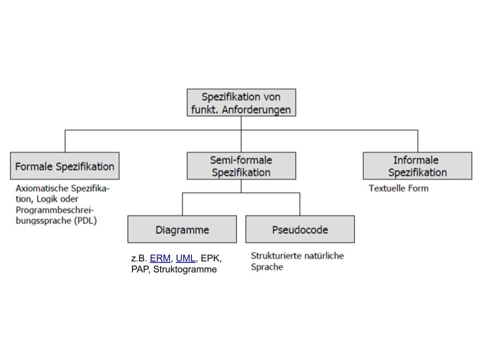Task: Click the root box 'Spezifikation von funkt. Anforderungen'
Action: click(x=241, y=102)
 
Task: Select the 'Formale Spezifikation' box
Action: click(x=64, y=166)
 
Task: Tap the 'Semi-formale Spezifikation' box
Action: click(x=241, y=166)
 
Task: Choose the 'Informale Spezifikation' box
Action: click(x=417, y=166)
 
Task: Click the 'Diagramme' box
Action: click(x=182, y=229)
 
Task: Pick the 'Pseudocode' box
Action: click(x=300, y=229)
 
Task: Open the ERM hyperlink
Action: click(x=160, y=258)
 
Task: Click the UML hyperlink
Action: click(x=185, y=258)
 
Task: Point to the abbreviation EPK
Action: click(x=210, y=258)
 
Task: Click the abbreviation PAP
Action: click(x=140, y=269)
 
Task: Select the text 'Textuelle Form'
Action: click(x=398, y=188)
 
